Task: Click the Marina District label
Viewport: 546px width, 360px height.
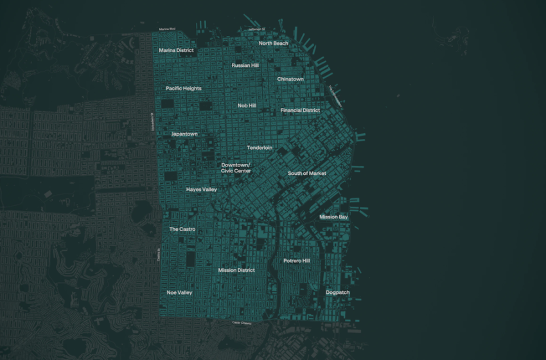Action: click(177, 50)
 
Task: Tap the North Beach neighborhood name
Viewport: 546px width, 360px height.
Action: click(274, 43)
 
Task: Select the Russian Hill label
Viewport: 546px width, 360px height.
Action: click(245, 66)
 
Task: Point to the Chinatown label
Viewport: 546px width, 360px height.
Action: click(290, 79)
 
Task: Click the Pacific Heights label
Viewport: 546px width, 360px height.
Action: click(183, 88)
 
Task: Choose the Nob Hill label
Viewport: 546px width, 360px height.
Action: click(247, 105)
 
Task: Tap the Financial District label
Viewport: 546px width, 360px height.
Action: click(300, 111)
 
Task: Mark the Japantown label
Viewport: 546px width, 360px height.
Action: click(184, 134)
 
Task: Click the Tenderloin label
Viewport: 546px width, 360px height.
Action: click(260, 148)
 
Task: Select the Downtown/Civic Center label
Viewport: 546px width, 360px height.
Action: click(236, 168)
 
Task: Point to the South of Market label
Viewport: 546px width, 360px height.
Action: click(307, 174)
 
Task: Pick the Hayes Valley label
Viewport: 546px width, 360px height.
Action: click(202, 190)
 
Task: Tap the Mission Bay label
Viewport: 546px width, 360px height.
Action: click(333, 217)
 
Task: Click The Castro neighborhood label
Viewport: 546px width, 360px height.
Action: click(182, 230)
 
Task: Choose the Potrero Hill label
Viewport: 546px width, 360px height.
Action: click(297, 261)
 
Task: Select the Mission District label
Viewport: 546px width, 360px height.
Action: click(236, 271)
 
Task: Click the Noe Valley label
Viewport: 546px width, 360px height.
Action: click(180, 292)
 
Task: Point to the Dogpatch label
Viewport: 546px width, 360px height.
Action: click(338, 292)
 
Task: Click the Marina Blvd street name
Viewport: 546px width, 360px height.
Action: click(168, 30)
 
